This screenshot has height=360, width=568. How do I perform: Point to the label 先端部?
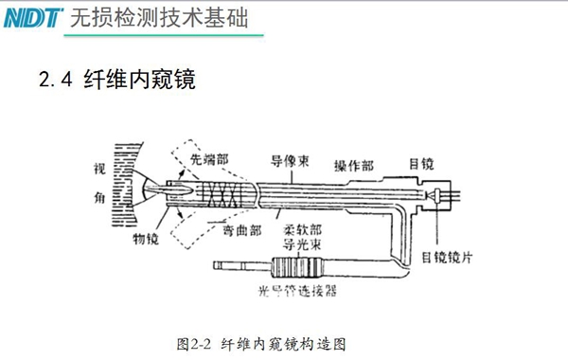coord(207,161)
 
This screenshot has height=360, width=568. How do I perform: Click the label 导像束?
coord(289,160)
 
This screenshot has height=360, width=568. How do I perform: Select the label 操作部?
coord(353,165)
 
